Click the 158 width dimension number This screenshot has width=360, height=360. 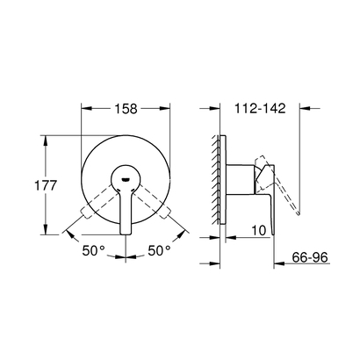pyautogui.click(x=127, y=112)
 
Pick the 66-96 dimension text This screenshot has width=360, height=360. pyautogui.click(x=311, y=261)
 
